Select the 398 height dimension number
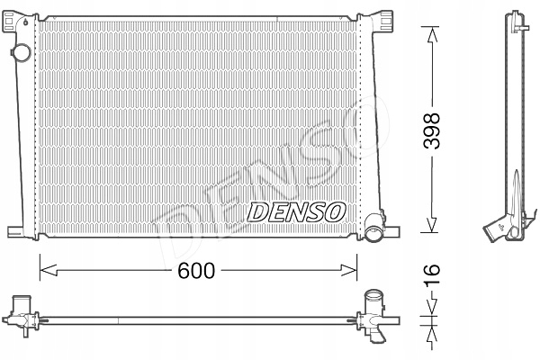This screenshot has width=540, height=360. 433,129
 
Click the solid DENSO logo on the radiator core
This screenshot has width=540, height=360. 295,212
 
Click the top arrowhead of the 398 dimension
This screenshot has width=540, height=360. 433,32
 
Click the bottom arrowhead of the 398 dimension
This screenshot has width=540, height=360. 433,230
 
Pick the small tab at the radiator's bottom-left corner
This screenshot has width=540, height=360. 17,229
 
